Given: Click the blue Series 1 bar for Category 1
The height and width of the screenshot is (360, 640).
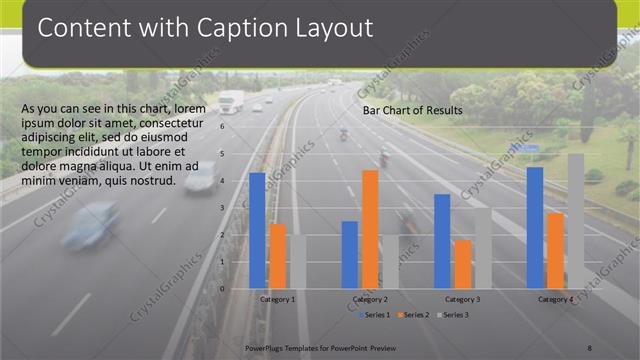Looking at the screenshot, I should [257, 230].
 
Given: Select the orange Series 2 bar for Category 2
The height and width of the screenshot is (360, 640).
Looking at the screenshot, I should [370, 229].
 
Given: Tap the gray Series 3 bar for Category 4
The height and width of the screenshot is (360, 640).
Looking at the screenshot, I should [576, 221].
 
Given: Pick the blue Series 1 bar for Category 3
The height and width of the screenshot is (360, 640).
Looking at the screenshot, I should [442, 241].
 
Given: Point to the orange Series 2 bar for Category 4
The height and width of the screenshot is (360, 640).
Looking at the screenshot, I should [555, 251].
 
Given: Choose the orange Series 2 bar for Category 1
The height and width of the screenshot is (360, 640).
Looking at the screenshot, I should [278, 256].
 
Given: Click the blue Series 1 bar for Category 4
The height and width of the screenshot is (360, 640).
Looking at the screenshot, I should [535, 228].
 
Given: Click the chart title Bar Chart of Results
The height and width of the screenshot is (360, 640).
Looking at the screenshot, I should [412, 110].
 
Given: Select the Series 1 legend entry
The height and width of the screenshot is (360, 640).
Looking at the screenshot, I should [376, 315].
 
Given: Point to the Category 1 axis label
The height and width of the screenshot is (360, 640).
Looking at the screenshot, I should [277, 299].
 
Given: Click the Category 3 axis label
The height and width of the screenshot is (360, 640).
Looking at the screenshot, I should [463, 299].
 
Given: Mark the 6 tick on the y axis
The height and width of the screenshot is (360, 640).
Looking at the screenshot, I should [237, 126].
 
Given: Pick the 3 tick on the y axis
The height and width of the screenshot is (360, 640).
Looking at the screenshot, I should [237, 208].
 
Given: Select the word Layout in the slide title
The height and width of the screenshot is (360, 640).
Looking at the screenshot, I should [328, 28].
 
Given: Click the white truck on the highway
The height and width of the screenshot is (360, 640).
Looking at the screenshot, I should [231, 101].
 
